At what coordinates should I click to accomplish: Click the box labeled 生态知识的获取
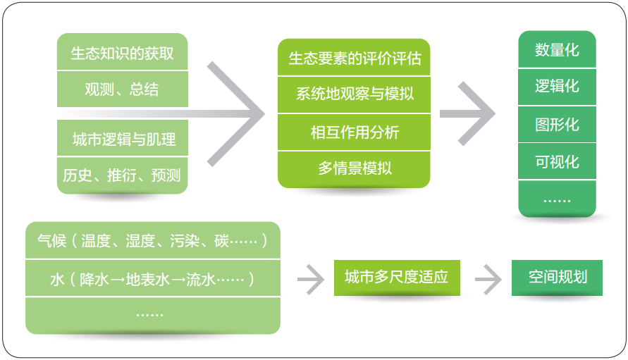click(x=122, y=51)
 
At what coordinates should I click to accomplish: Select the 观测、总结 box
click(x=122, y=89)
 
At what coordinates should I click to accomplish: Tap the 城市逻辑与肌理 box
click(x=122, y=138)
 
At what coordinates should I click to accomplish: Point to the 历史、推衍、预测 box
click(x=122, y=175)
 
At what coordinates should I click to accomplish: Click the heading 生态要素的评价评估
click(x=354, y=57)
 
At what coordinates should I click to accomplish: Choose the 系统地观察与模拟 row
click(x=354, y=94)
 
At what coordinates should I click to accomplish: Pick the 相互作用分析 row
click(x=354, y=132)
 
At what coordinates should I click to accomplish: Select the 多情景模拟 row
click(x=354, y=169)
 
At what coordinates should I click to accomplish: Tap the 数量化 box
click(x=557, y=49)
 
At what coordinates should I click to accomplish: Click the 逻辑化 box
click(x=557, y=87)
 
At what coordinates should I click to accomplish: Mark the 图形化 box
click(x=557, y=124)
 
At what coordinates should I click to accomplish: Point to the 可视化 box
click(x=557, y=161)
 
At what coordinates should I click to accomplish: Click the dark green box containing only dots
click(x=557, y=199)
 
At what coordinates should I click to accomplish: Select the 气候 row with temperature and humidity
click(x=153, y=240)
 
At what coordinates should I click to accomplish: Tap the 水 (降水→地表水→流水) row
click(x=153, y=278)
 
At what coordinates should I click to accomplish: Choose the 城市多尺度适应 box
click(x=397, y=278)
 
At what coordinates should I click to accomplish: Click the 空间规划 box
click(x=557, y=278)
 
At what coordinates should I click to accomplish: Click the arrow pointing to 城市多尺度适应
click(x=311, y=279)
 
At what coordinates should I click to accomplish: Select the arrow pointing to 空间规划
click(x=488, y=279)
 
